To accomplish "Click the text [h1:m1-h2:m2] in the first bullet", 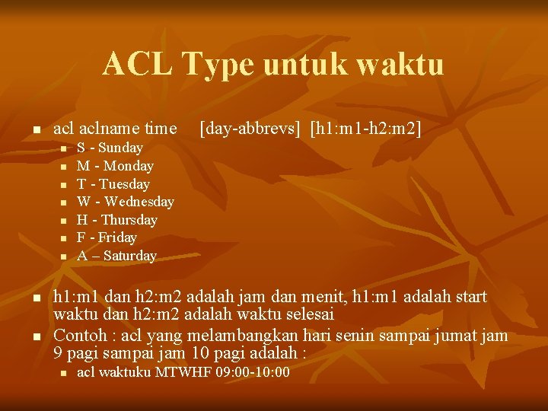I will point(365,128).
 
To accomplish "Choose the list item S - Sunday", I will point(110,148).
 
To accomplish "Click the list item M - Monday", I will point(115,166).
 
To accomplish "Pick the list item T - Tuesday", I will point(113,184).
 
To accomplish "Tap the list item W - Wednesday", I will point(126,202).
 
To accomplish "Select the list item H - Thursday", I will point(117,220).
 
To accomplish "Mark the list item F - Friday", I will point(107,237).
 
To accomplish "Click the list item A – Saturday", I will point(116,256).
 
